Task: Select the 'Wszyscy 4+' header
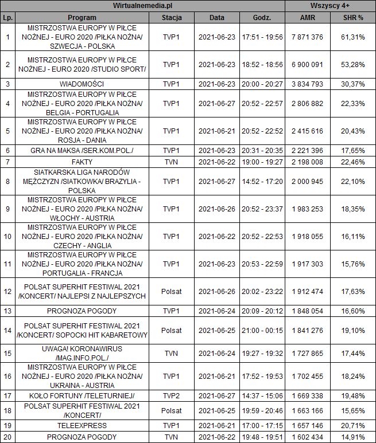click(x=330, y=6)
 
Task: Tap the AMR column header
click(x=308, y=17)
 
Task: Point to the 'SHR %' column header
click(x=352, y=17)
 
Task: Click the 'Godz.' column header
click(x=262, y=17)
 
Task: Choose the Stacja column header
click(x=172, y=17)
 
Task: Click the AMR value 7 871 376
click(x=308, y=37)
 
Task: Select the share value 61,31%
click(x=352, y=37)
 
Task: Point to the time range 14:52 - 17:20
click(x=262, y=182)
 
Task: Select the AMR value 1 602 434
click(x=308, y=437)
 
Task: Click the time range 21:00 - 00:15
click(x=262, y=331)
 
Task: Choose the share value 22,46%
click(x=352, y=162)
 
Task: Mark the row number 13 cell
click(x=7, y=311)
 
